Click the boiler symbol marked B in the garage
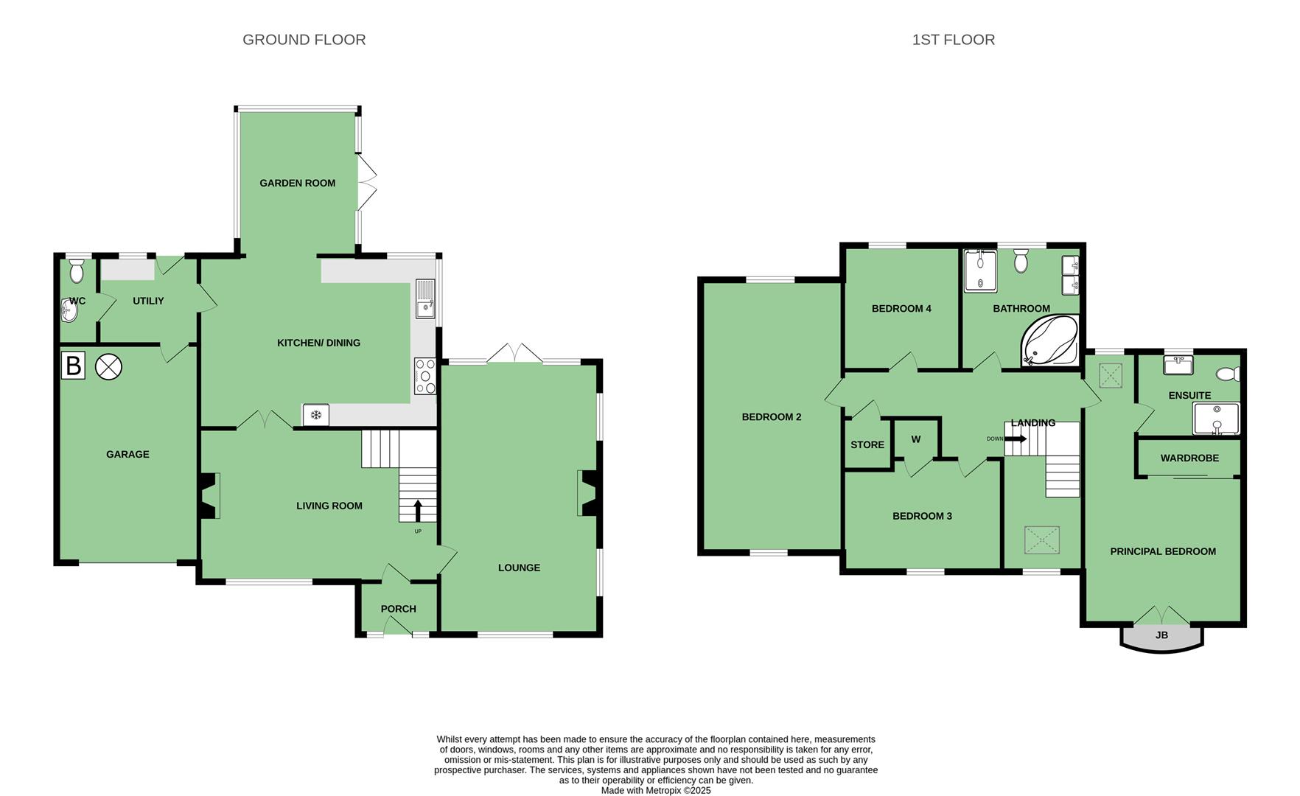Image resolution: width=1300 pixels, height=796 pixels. pos(73,366)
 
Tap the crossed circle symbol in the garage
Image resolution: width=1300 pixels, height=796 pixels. pos(108,366)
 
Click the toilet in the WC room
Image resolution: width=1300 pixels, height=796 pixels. pos(77,271)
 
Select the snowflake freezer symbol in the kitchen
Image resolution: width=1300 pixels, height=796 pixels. pos(316,415)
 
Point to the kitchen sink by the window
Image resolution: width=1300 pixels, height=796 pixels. pos(425,298)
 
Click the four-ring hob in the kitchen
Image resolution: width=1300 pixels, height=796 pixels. pos(425,376)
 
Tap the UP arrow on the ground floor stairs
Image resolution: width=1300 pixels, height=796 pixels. pos(419,510)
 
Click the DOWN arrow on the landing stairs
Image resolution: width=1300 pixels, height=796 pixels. pos(1016,439)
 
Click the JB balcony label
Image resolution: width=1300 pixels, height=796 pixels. pos(1161,635)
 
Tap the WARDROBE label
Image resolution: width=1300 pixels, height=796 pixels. pos(1189,458)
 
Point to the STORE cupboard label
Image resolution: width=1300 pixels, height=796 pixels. pos(867,444)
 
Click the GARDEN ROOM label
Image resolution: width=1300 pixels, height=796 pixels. pos(298,183)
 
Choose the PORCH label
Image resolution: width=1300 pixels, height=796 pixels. pos(399,609)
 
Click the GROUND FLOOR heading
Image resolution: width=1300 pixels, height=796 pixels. pos(304,40)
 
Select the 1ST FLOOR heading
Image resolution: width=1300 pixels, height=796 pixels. pos(954,40)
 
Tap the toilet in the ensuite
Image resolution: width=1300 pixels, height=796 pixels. pos(1229,374)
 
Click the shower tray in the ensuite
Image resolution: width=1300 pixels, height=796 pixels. pos(1216,419)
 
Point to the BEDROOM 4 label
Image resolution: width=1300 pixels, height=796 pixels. pos(901,308)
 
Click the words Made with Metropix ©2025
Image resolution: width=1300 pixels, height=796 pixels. pos(656,790)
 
